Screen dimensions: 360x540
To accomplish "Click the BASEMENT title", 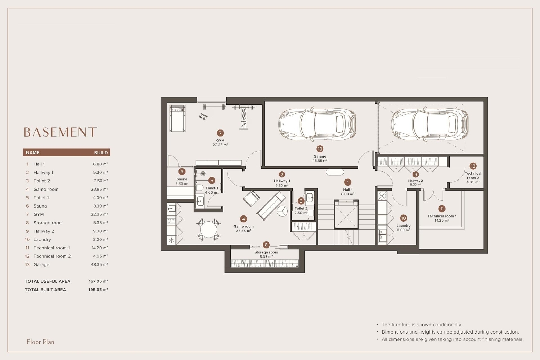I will pyautogui.click(x=60, y=132).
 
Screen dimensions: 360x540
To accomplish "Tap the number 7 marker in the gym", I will pyautogui.click(x=220, y=133).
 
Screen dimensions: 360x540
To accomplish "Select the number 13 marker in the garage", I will pyautogui.click(x=320, y=149).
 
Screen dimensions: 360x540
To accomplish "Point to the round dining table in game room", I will pyautogui.click(x=208, y=229).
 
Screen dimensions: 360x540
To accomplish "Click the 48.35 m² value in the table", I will pyautogui.click(x=99, y=265).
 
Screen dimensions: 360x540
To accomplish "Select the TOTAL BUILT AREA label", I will pyautogui.click(x=45, y=290).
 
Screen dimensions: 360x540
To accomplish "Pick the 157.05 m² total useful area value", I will pyautogui.click(x=98, y=282).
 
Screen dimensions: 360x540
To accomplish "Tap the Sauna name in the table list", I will pyautogui.click(x=40, y=206).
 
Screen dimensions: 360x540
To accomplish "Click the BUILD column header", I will pyautogui.click(x=101, y=153).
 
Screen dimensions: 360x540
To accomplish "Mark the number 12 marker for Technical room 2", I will pyautogui.click(x=473, y=166).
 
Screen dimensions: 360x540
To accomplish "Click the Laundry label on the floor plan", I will pyautogui.click(x=403, y=226).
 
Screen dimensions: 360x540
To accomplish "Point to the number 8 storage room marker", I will pyautogui.click(x=266, y=245).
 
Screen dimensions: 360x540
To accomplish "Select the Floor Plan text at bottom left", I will pyautogui.click(x=40, y=342).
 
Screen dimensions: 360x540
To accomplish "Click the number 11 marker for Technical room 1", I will pyautogui.click(x=442, y=208).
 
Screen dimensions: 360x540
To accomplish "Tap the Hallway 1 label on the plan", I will pyautogui.click(x=282, y=181).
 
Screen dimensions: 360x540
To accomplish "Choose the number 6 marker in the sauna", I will pyautogui.click(x=182, y=172).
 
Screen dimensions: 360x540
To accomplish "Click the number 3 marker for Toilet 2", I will pyautogui.click(x=301, y=201).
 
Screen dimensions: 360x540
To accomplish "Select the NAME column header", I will pyautogui.click(x=33, y=153).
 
